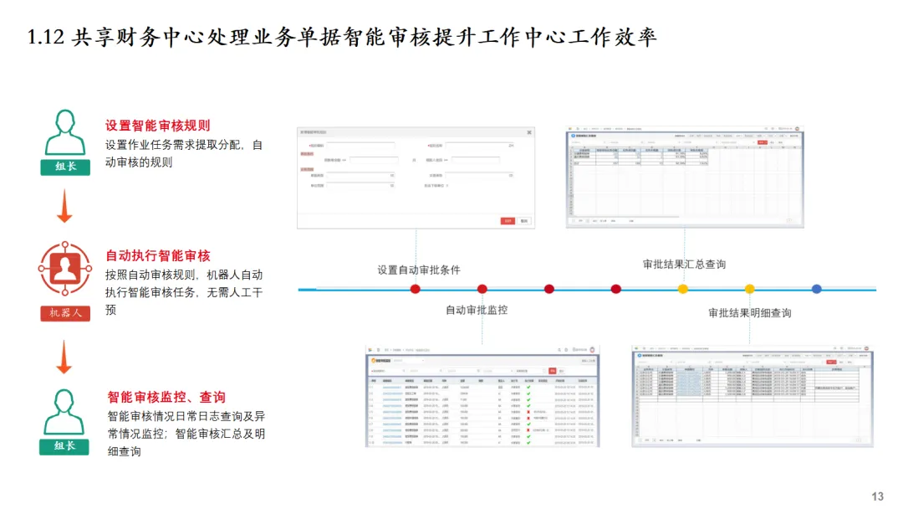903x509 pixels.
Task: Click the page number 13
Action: click(877, 496)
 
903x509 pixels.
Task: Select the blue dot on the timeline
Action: click(817, 289)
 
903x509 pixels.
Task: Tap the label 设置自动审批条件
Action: click(418, 270)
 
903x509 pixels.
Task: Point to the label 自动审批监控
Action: click(476, 310)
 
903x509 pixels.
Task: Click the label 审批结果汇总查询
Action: click(684, 264)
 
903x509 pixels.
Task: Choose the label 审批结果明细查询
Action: click(749, 313)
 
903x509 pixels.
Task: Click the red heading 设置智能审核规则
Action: click(157, 126)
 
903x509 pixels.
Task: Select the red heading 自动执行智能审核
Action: click(157, 256)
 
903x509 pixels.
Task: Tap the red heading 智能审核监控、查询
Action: click(166, 397)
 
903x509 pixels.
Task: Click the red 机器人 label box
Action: click(64, 313)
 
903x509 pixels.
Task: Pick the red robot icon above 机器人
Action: click(64, 268)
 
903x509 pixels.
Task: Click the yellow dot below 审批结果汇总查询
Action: click(683, 289)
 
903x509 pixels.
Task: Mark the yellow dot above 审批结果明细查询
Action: click(750, 289)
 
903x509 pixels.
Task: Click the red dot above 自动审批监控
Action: click(482, 289)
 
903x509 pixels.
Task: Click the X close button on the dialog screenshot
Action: click(528, 132)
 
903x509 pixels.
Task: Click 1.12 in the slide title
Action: click(46, 38)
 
